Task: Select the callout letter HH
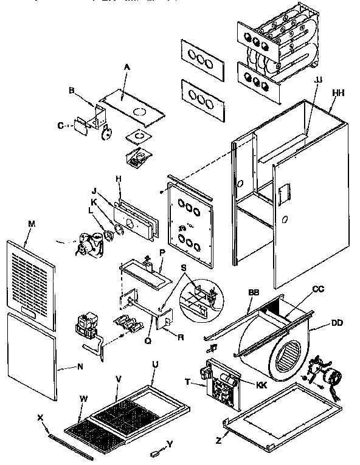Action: coord(337,92)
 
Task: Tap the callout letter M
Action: coord(32,224)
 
